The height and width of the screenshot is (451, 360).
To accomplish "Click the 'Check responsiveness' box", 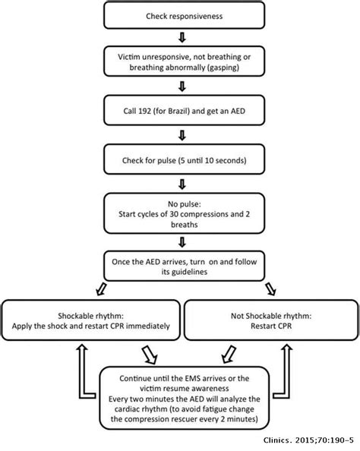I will pos(182,17).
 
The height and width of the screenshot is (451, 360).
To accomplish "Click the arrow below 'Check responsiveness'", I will pos(182,37).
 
